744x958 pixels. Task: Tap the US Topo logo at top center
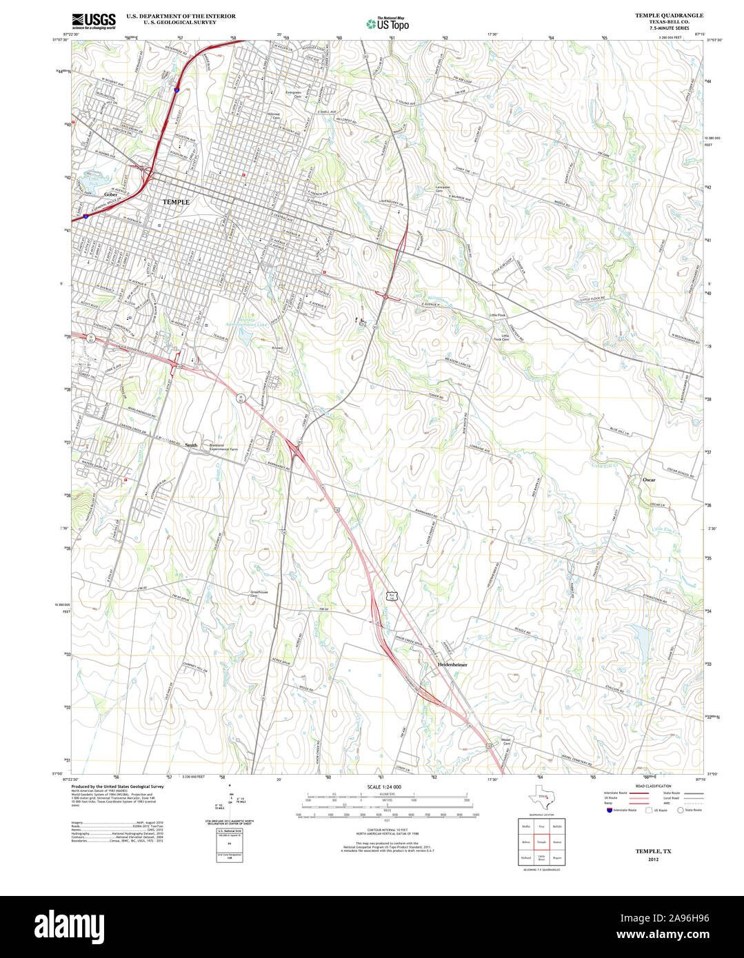[x=388, y=23]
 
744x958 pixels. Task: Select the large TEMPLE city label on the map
[x=175, y=201]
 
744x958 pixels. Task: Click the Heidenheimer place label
[x=452, y=664]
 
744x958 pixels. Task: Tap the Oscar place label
[x=649, y=479]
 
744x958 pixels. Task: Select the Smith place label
[x=191, y=445]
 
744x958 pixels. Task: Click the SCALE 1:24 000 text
[x=384, y=787]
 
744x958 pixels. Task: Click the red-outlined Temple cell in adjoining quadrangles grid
[x=541, y=842]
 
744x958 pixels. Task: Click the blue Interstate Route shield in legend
[x=609, y=811]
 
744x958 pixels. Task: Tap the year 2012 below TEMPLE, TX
[x=653, y=859]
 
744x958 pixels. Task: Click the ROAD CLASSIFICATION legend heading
[x=652, y=786]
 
